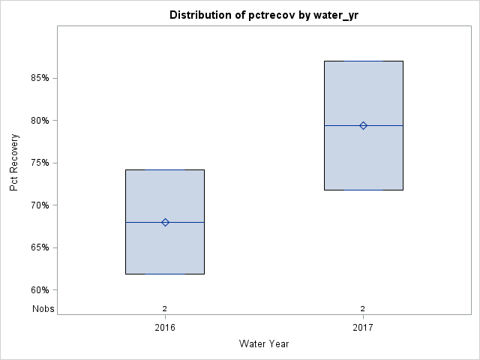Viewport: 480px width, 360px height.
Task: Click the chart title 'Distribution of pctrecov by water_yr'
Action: pos(264,15)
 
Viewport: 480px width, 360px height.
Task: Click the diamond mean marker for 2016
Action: pos(165,222)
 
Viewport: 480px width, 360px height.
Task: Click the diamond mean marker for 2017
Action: pos(363,125)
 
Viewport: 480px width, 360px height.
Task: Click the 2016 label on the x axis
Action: pos(165,328)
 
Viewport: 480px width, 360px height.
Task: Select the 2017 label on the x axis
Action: pos(363,328)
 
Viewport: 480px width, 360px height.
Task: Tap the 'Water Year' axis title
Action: pos(264,344)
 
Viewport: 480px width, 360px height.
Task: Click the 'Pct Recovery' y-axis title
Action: pos(14,163)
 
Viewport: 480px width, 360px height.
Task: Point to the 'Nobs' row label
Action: pos(43,308)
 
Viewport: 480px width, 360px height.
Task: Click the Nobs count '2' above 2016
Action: pos(165,308)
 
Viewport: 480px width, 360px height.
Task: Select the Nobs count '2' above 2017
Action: pos(363,308)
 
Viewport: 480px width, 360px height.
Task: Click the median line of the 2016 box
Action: pos(142,222)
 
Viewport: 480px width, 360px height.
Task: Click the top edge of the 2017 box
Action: pos(363,61)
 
